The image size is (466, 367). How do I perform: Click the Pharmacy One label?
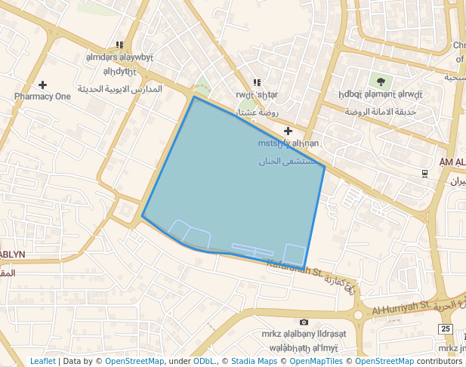click(x=42, y=97)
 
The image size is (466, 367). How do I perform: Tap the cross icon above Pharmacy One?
click(x=42, y=85)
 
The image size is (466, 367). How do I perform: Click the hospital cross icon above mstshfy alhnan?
click(x=288, y=131)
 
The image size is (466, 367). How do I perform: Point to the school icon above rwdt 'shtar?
click(x=257, y=82)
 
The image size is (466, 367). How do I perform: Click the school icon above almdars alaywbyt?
click(x=119, y=45)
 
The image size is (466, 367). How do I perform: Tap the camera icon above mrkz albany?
click(x=304, y=322)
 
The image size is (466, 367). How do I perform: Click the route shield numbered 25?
click(x=446, y=328)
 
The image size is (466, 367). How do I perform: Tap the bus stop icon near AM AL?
click(x=425, y=174)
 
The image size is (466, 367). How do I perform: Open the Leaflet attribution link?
click(x=42, y=362)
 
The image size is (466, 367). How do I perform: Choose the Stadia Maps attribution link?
click(x=254, y=362)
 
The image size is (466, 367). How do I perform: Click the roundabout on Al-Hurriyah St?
click(x=359, y=314)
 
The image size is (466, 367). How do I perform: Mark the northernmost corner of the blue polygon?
click(x=194, y=97)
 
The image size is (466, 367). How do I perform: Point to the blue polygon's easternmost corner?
click(x=325, y=166)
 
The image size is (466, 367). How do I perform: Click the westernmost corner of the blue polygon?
click(x=142, y=217)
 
